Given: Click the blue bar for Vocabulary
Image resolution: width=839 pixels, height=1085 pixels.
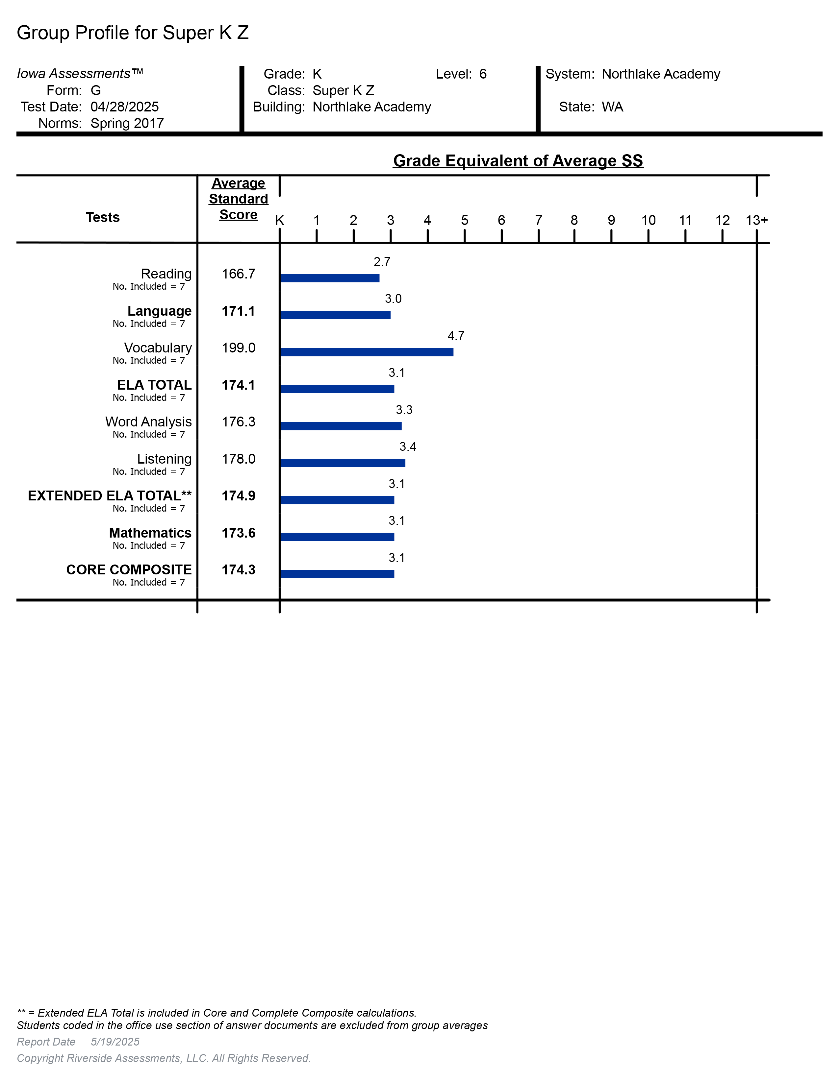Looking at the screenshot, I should [367, 352].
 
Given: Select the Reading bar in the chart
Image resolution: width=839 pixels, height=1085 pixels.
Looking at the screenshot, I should [330, 278].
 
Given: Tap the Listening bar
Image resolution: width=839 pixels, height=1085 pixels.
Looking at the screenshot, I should [343, 463].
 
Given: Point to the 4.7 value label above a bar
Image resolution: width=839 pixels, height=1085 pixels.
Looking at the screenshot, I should [456, 336].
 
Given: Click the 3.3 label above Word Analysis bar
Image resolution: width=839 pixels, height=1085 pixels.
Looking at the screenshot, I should [404, 410].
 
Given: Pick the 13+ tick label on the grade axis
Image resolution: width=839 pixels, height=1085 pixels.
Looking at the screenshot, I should [756, 220].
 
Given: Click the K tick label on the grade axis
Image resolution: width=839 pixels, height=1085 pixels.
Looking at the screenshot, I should [280, 220].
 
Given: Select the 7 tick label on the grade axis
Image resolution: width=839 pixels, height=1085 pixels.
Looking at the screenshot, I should [538, 220].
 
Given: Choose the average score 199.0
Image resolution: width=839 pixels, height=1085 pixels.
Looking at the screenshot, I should [239, 348].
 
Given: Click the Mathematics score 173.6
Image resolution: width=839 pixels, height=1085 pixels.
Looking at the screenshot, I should [239, 533].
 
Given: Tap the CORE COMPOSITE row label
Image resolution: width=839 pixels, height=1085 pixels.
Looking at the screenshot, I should [129, 570].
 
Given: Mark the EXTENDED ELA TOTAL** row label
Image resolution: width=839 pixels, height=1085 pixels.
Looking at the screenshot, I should [109, 496].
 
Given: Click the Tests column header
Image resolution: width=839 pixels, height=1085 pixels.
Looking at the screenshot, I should [102, 217].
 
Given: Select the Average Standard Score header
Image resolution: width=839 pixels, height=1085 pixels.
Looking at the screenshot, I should [239, 199].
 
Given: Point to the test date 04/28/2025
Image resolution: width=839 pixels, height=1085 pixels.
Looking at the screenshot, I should [125, 107].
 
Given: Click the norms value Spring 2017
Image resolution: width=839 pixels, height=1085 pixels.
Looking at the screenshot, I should [127, 123].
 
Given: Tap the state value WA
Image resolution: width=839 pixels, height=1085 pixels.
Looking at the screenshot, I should [612, 107].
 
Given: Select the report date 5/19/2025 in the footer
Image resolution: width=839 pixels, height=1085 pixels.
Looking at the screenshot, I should [115, 1042].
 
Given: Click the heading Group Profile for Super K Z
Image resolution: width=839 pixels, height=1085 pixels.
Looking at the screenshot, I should [133, 33].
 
